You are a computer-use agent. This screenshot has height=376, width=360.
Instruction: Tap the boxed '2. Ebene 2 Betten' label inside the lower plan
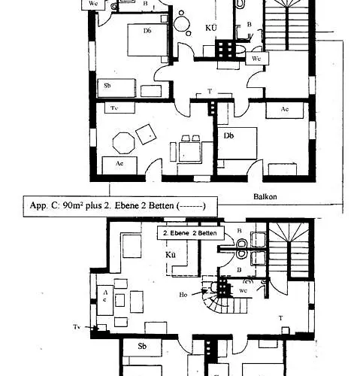click(187, 234)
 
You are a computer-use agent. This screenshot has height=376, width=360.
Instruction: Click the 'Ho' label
click(183, 294)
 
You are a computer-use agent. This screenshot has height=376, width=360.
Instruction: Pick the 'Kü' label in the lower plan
click(171, 255)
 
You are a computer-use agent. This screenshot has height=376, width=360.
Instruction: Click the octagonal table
click(123, 141)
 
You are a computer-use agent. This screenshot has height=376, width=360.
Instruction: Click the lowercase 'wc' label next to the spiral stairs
click(243, 290)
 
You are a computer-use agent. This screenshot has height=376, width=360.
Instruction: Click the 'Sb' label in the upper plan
click(107, 85)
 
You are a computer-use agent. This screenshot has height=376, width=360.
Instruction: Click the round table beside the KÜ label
click(182, 23)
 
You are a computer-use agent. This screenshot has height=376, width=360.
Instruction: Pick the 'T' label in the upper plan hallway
click(209, 91)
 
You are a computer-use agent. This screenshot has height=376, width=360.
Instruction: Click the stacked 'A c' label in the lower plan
click(105, 294)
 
